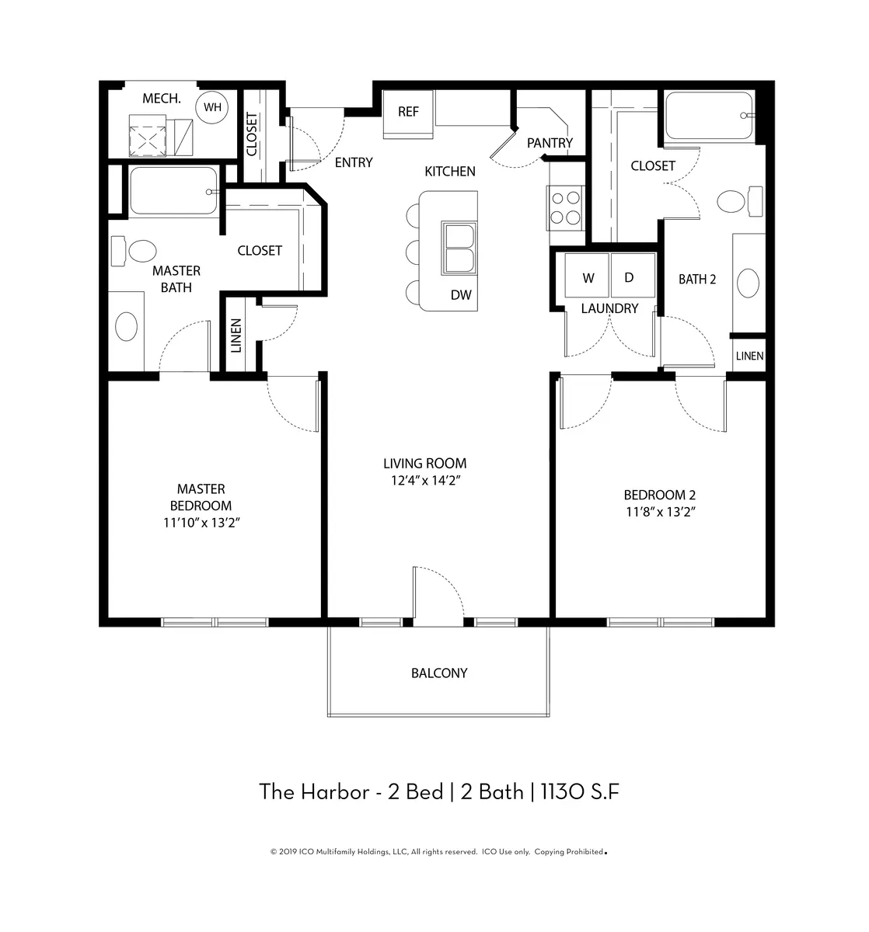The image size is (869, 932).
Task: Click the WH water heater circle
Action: tap(211, 107)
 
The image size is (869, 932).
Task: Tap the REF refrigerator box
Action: tap(408, 114)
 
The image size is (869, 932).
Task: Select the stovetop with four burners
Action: tap(565, 208)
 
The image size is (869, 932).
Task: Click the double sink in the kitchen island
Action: tap(459, 248)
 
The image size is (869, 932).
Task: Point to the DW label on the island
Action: tap(460, 294)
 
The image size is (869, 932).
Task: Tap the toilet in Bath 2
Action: tap(739, 202)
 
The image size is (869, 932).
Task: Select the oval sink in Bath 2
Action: tap(748, 283)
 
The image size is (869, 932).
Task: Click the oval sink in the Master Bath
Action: tap(126, 326)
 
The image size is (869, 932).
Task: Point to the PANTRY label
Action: tap(550, 143)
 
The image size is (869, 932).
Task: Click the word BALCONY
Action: tap(438, 673)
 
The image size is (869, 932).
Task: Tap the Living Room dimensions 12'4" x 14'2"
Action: tap(425, 481)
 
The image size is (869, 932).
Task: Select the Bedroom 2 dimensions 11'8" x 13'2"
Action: tap(660, 512)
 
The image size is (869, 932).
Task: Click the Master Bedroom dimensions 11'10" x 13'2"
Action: tap(201, 523)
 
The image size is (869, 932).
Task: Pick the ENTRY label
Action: tap(353, 162)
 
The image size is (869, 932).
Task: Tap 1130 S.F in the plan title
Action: tap(580, 792)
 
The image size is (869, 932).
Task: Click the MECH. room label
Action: tap(162, 99)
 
